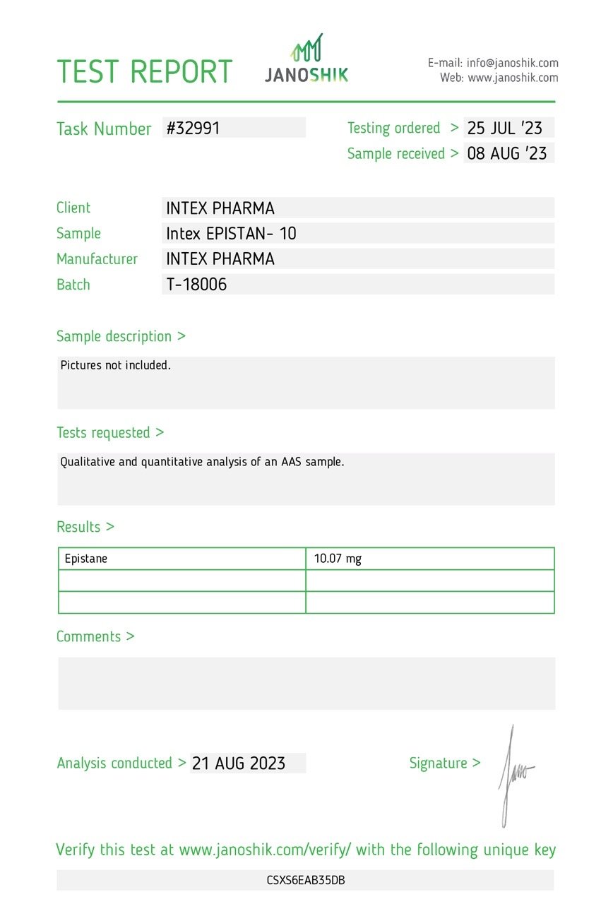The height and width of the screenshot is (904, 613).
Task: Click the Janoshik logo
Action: click(306, 59)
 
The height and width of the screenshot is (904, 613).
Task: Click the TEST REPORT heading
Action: click(144, 72)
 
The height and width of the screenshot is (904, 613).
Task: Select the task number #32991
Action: click(193, 128)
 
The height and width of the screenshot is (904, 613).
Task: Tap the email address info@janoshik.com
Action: click(512, 63)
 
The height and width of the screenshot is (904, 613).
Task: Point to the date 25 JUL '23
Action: click(505, 128)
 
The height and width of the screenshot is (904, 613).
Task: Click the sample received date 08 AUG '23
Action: click(507, 153)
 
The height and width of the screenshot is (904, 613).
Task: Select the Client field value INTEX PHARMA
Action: click(220, 208)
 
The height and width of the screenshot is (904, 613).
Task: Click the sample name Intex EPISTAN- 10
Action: click(231, 234)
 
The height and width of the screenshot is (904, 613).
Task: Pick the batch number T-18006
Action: click(196, 285)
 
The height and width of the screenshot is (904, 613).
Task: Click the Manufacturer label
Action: click(97, 259)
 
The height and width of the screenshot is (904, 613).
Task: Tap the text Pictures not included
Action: click(116, 365)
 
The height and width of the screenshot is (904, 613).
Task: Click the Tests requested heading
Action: click(109, 432)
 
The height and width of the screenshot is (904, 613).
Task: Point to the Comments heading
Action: click(95, 636)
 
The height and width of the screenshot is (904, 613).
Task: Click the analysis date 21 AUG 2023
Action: click(239, 763)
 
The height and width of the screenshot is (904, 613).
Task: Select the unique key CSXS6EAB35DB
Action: click(306, 880)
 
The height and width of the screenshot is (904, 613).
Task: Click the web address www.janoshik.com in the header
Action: click(513, 78)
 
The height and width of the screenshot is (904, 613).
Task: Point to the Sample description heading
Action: click(121, 336)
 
